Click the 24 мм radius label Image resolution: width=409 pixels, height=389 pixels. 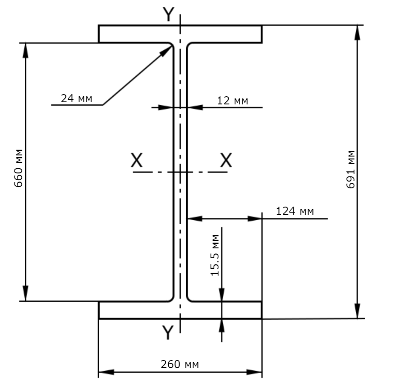[x=76, y=98]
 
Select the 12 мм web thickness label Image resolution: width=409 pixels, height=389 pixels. [x=233, y=101]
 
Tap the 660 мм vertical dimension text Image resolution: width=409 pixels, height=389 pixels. [x=18, y=168]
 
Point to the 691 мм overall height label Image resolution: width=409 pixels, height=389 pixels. [x=351, y=170]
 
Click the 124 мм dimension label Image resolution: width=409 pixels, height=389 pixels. [x=295, y=211]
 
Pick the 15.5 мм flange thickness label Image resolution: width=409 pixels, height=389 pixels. [x=215, y=255]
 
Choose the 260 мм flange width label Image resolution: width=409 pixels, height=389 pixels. [x=180, y=364]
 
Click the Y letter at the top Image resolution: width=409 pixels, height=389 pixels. [x=168, y=14]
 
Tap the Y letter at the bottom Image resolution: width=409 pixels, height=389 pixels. [x=168, y=332]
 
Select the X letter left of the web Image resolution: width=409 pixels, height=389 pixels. [x=137, y=160]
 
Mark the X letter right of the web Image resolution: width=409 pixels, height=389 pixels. [x=226, y=160]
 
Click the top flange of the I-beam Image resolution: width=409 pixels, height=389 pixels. [x=180, y=34]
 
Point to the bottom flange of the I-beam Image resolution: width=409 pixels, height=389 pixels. [x=180, y=310]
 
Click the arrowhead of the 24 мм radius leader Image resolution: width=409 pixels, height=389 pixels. [x=167, y=51]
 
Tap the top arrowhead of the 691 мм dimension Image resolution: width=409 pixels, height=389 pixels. [x=357, y=33]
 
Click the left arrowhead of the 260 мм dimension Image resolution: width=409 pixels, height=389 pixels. [x=107, y=372]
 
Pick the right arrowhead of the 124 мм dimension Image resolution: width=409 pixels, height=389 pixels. [x=255, y=219]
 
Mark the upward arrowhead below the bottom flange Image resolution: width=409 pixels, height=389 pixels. [x=222, y=326]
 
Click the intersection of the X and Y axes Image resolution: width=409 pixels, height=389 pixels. [x=180, y=172]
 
